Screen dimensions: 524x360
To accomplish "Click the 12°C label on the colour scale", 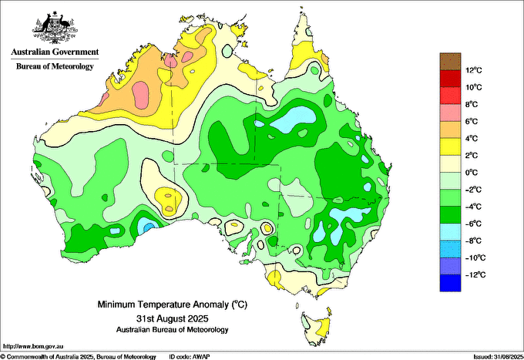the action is pos(474,70).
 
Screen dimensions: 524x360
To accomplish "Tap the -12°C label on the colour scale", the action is pos(474,274).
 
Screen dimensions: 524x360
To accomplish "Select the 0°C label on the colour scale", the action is pos(472,173).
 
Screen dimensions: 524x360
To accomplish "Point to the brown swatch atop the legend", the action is pos(450,62).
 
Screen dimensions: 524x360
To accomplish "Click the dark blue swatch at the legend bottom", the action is pos(450,283).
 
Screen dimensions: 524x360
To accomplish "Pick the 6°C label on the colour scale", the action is pos(472,121).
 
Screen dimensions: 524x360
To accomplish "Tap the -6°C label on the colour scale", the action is pos(473,224).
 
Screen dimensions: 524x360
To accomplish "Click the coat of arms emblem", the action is pos(55,28).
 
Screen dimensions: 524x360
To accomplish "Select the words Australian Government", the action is pos(55,52).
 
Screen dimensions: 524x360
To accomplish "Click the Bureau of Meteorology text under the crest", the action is pos(55,66).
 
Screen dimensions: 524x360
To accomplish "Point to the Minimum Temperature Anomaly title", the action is pos(173,304).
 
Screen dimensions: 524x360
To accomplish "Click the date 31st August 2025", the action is pos(173,318).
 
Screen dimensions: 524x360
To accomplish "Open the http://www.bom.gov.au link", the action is pos(32,346).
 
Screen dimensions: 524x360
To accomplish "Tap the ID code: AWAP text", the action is pos(190,357).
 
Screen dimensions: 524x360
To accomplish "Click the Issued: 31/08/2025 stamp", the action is pos(499,357).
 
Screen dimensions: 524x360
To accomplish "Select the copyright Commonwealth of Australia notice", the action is pos(79,357).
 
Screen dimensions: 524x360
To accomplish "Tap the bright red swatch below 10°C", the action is pos(450,96).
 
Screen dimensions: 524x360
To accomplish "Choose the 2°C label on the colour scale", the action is pos(472,156).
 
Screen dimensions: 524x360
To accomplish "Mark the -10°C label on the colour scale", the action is pos(474,257).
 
